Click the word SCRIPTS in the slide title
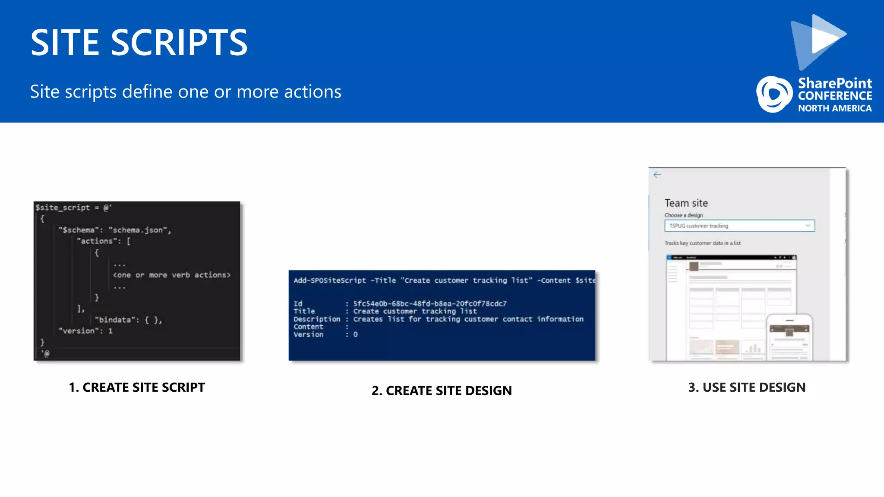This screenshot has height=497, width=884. [x=179, y=43]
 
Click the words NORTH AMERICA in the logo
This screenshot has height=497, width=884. [x=834, y=108]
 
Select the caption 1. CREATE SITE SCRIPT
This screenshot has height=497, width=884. [x=137, y=387]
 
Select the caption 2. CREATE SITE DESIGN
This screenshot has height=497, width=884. [x=442, y=390]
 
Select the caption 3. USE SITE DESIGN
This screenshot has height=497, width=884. [x=747, y=387]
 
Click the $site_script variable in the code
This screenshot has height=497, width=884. [x=63, y=208]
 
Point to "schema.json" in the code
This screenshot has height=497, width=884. [x=139, y=230]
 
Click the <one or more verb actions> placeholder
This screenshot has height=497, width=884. [x=171, y=275]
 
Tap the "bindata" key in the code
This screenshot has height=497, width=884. [x=114, y=320]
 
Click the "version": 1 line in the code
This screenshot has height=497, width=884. [x=85, y=331]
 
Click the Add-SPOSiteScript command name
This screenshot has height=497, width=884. [x=329, y=280]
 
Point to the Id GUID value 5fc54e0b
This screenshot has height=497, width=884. [x=429, y=304]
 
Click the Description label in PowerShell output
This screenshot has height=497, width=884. [x=316, y=319]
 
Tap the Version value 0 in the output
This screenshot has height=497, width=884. [x=355, y=335]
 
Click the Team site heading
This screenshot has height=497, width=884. [x=686, y=203]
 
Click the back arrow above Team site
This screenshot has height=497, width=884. [x=657, y=174]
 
